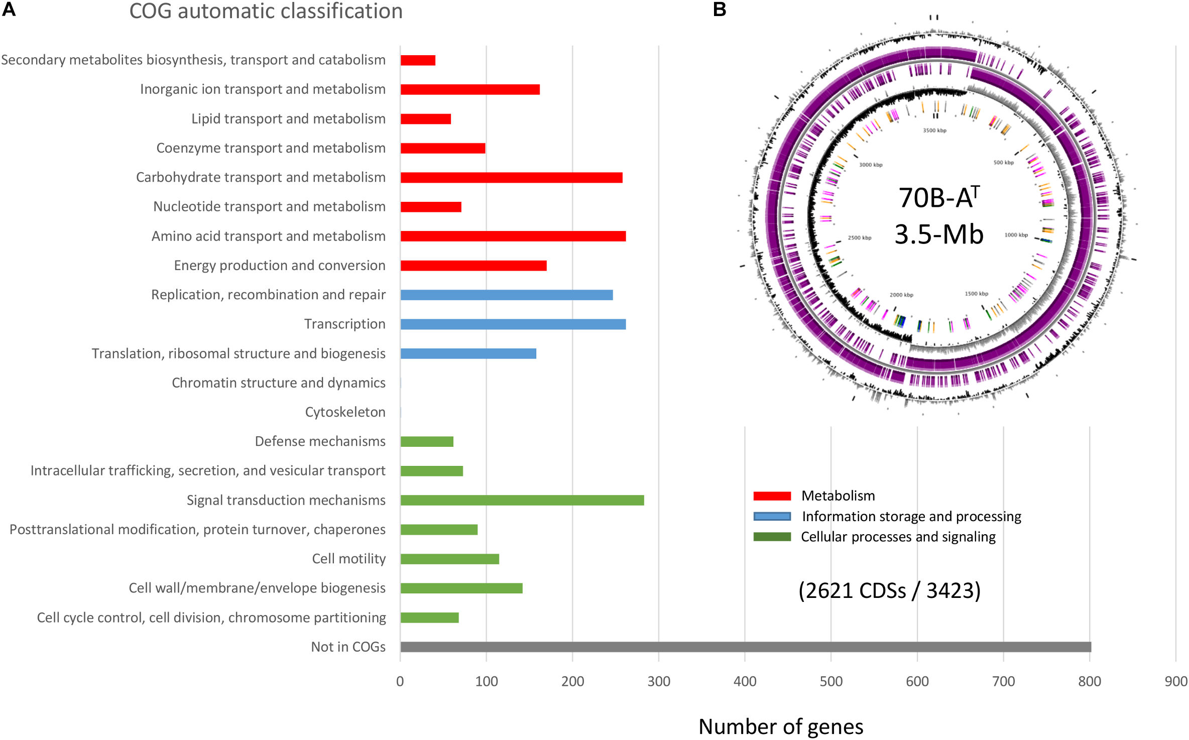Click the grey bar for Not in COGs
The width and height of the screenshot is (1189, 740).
[745, 647]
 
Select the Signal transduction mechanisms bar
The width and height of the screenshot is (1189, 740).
[522, 500]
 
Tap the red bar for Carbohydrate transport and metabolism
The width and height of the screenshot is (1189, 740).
[511, 178]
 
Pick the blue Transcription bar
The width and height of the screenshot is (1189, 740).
[513, 324]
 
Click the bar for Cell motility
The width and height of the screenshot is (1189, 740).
[450, 559]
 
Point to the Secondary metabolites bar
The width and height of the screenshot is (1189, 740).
[418, 60]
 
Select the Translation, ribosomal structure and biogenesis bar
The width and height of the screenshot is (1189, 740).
[468, 353]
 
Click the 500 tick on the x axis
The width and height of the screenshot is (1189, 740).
[831, 681]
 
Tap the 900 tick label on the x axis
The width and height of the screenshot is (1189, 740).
[1176, 681]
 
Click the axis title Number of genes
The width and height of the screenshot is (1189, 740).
[781, 726]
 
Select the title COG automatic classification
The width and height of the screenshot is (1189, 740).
[266, 11]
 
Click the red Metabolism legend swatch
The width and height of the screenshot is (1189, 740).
[772, 496]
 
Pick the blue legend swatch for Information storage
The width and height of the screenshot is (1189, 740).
[772, 517]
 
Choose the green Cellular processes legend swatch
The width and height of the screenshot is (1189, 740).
[772, 537]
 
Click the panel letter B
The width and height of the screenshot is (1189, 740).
[720, 10]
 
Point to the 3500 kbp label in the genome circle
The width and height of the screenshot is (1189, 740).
[934, 131]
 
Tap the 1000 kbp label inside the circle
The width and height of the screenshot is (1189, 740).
[1016, 235]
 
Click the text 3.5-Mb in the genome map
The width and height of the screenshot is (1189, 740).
[938, 234]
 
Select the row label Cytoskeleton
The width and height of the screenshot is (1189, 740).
[345, 412]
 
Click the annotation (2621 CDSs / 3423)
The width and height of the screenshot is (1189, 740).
[889, 590]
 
